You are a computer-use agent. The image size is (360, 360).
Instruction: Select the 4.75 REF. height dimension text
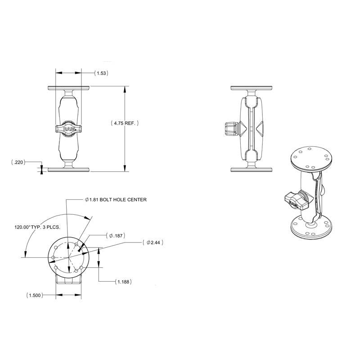click(125, 122)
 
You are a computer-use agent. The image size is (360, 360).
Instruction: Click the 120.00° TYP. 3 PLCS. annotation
click(36, 228)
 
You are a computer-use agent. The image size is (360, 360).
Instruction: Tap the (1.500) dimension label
click(36, 296)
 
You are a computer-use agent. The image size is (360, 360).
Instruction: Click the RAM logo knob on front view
click(69, 129)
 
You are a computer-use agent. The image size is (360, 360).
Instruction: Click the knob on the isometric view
click(297, 200)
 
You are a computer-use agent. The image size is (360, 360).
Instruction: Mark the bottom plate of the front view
click(68, 170)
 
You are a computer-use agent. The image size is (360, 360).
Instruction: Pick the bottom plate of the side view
click(252, 170)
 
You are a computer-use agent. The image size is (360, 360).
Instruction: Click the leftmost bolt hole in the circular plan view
click(54, 257)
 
